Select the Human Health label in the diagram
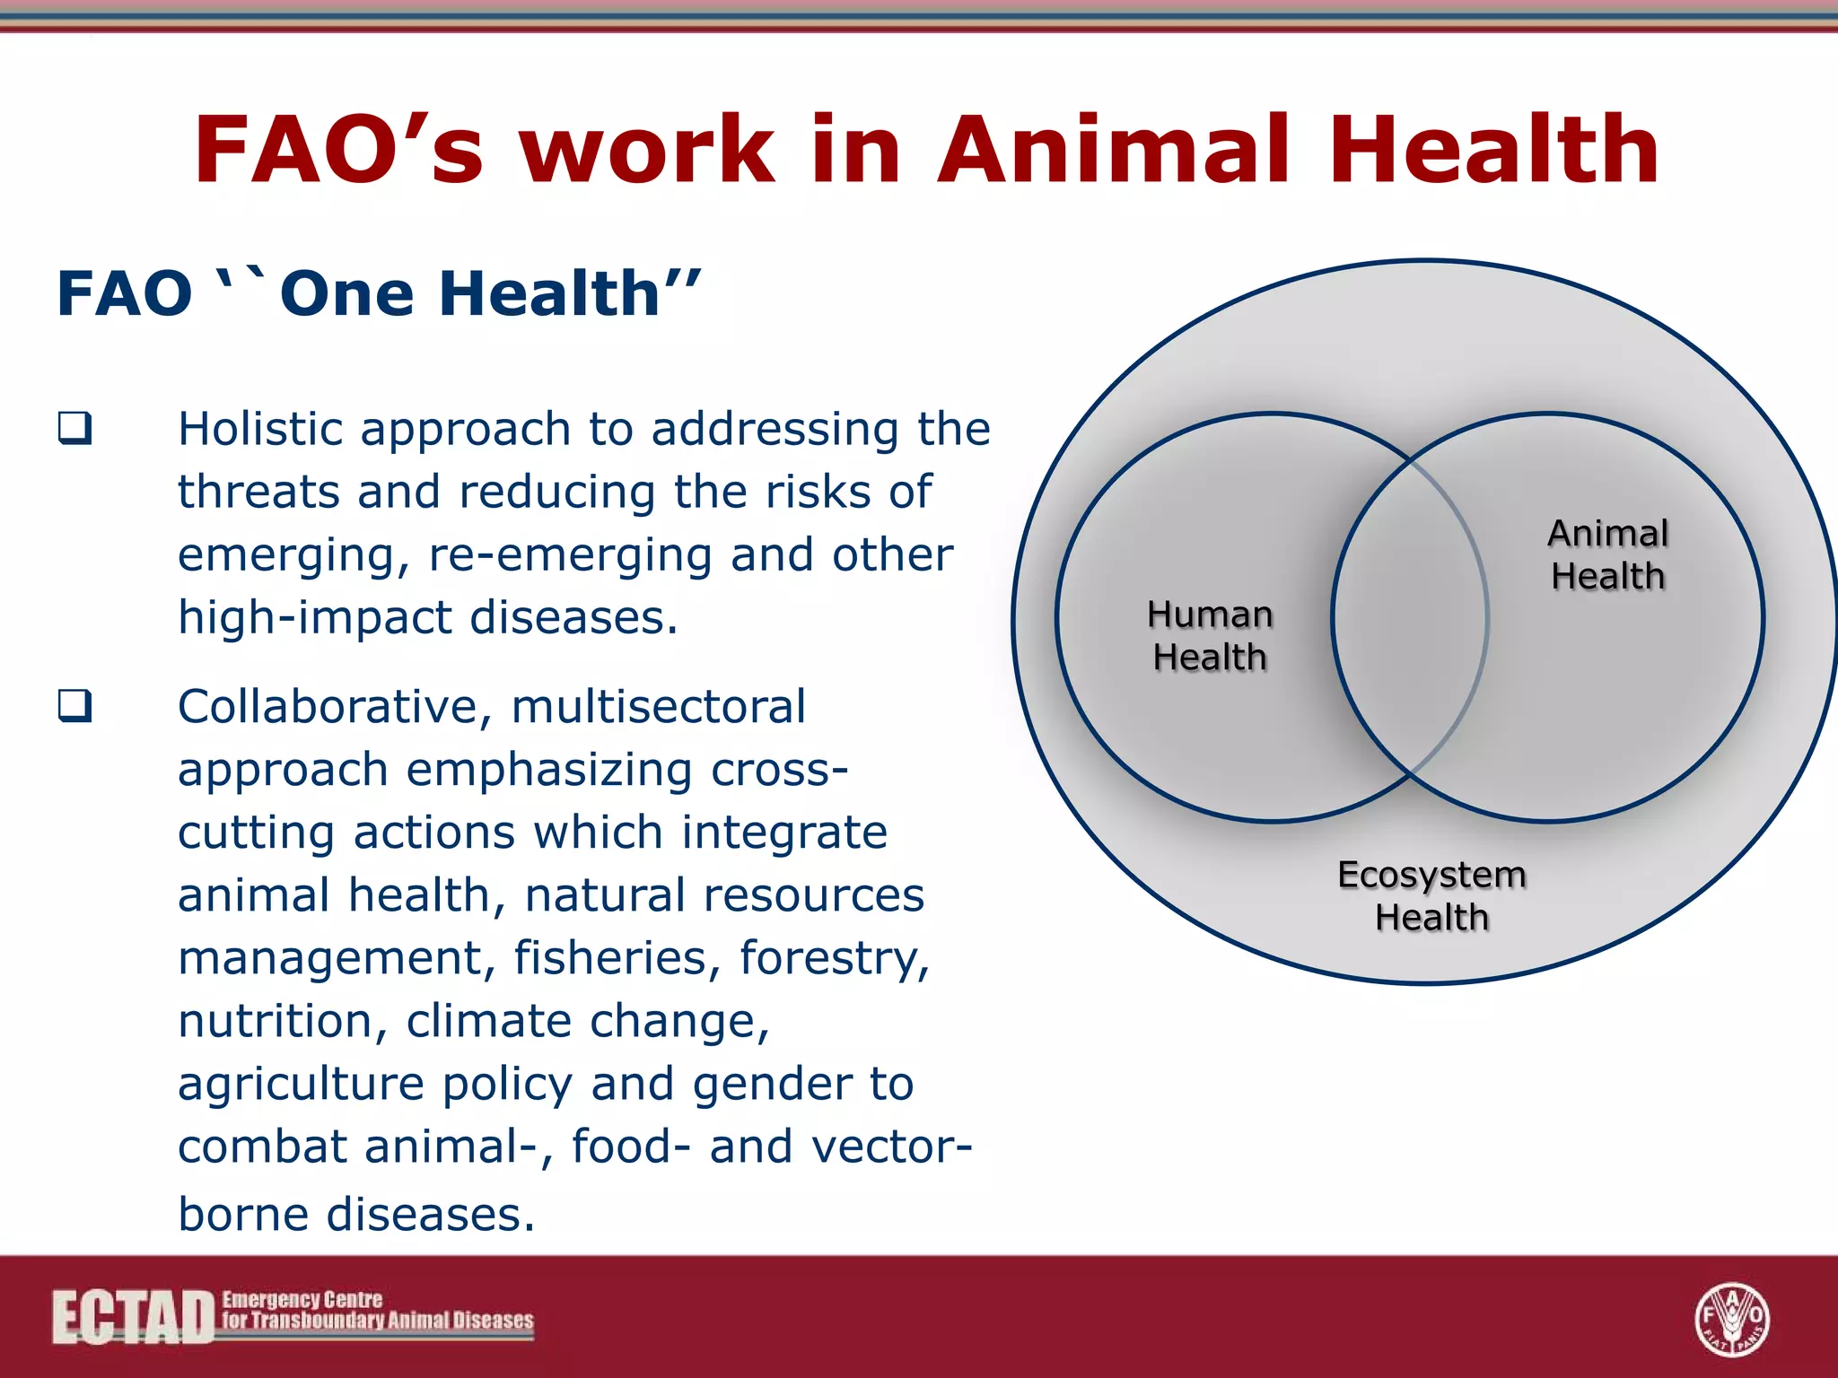click(1210, 635)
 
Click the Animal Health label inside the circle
click(1607, 554)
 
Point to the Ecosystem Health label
click(1431, 895)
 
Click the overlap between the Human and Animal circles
click(1410, 617)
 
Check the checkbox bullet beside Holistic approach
click(75, 428)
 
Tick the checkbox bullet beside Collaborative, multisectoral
click(75, 706)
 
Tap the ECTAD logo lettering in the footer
click(133, 1318)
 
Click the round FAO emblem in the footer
click(1731, 1319)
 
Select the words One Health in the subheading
click(471, 294)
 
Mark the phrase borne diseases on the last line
click(356, 1214)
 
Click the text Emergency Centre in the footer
click(302, 1300)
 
